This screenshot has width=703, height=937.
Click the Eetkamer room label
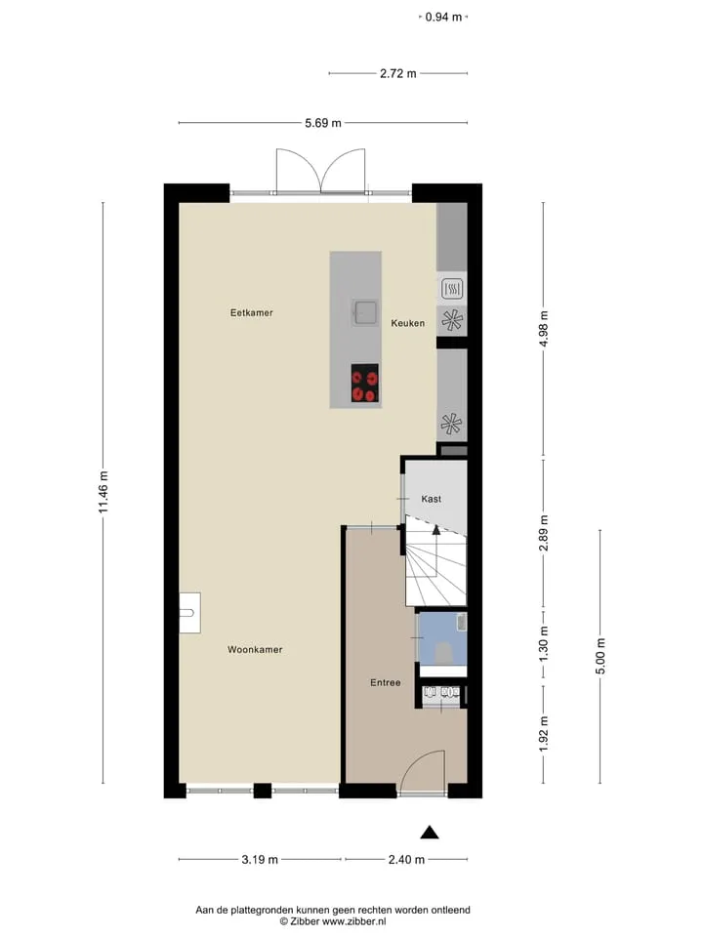[x=252, y=312]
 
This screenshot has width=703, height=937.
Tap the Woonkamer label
[x=255, y=650]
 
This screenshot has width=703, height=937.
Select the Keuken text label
[x=408, y=323]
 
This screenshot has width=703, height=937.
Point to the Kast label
[x=431, y=499]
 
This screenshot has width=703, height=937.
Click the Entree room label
[x=385, y=682]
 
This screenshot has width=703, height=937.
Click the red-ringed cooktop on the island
[x=364, y=383]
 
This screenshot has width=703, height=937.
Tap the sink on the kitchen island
[x=364, y=312]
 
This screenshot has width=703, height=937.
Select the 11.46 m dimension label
[x=103, y=492]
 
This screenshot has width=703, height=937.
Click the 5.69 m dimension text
[x=323, y=123]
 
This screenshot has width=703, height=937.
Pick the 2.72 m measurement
[x=398, y=73]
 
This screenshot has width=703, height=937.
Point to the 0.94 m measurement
[x=443, y=17]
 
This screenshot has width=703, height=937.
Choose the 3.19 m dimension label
[x=260, y=859]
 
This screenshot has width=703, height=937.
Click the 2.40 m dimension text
[x=406, y=859]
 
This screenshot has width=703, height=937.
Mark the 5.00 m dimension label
[x=600, y=656]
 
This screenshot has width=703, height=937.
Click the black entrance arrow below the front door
[x=430, y=833]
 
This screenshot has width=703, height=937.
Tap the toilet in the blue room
[x=443, y=651]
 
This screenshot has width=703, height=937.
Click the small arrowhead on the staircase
[x=436, y=529]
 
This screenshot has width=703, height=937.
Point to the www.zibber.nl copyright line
[x=332, y=921]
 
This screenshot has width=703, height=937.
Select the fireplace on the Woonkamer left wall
[x=189, y=613]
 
